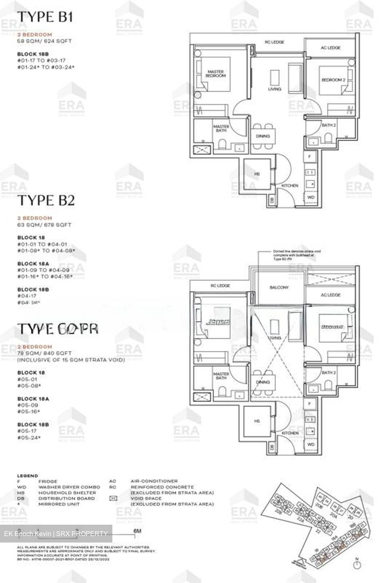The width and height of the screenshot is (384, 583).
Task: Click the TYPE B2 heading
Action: coord(45,200)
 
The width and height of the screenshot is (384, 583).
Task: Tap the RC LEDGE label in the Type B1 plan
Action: coord(274,42)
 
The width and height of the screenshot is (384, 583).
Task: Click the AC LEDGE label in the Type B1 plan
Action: coord(331,48)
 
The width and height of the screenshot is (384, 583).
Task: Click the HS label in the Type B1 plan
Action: coord(257,174)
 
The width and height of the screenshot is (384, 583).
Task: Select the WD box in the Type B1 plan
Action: coord(311,197)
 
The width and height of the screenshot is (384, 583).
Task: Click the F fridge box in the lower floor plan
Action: coord(310,404)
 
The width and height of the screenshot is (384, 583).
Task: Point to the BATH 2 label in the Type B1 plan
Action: coord(329,125)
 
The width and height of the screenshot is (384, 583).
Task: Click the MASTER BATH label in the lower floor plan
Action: coord(221,376)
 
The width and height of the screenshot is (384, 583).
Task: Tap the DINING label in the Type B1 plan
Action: coord(263,136)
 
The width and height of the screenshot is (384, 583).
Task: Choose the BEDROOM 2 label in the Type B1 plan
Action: coord(333,80)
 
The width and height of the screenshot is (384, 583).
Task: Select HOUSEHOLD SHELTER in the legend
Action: coord(67,493)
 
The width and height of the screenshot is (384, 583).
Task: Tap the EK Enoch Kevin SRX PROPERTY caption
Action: coord(56,534)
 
